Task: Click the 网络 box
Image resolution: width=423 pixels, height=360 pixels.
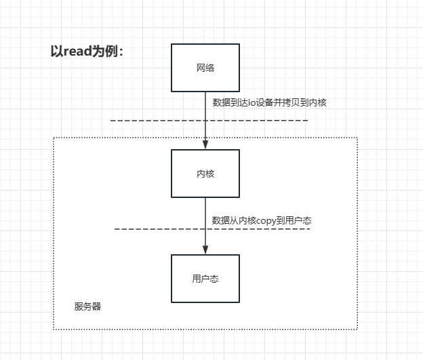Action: pyautogui.click(x=205, y=68)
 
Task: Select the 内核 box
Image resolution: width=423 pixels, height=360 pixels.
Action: pyautogui.click(x=205, y=174)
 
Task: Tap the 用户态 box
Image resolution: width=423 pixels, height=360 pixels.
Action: pyautogui.click(x=205, y=279)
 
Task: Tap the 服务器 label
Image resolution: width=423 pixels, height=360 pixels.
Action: pyautogui.click(x=87, y=306)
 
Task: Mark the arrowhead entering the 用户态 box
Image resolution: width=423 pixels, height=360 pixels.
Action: pyautogui.click(x=205, y=251)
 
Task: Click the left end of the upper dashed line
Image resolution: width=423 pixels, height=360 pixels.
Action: pyautogui.click(x=112, y=121)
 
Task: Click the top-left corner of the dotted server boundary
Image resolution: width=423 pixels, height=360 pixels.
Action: pyautogui.click(x=54, y=138)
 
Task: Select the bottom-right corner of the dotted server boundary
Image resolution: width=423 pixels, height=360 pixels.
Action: pyautogui.click(x=357, y=329)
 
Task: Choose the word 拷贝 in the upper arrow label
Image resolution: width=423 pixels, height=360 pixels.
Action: pyautogui.click(x=294, y=102)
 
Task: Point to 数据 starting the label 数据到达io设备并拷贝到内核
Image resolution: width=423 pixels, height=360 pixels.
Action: pyautogui.click(x=221, y=102)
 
